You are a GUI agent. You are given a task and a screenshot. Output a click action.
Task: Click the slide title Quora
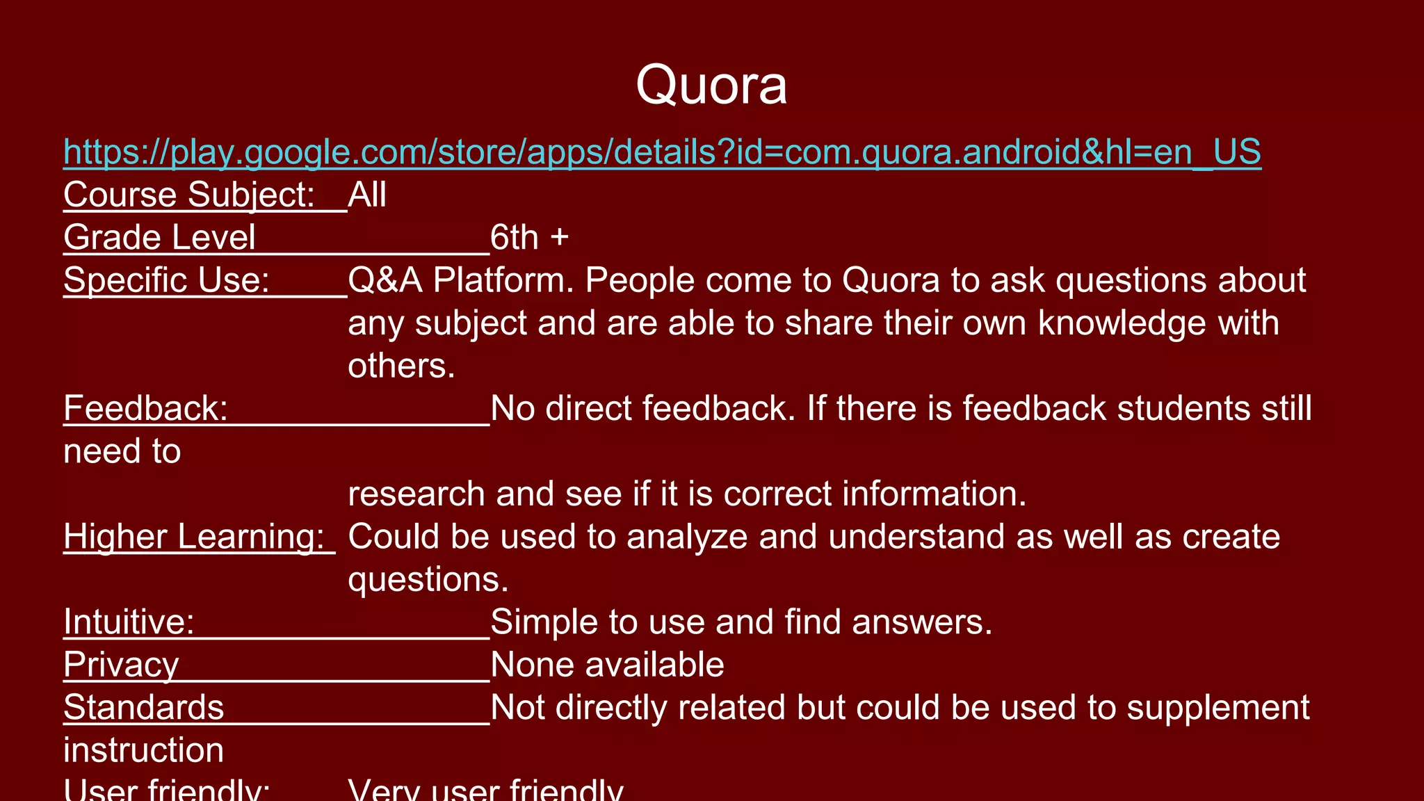click(x=711, y=86)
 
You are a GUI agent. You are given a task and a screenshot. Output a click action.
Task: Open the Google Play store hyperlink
click(x=661, y=152)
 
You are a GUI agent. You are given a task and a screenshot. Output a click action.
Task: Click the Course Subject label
click(x=189, y=195)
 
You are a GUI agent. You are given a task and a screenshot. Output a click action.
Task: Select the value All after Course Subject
click(x=367, y=195)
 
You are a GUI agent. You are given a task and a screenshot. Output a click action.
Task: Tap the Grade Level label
click(x=159, y=238)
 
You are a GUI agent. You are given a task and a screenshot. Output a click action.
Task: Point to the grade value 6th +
click(x=529, y=238)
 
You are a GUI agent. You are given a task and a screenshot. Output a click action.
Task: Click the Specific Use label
click(x=166, y=280)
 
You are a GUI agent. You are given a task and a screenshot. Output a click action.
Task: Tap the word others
click(x=401, y=366)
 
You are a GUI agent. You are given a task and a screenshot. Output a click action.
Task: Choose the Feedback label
click(x=145, y=408)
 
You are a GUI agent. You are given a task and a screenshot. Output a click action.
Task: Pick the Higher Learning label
click(x=194, y=537)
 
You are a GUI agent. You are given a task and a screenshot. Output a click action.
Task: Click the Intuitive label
click(x=129, y=622)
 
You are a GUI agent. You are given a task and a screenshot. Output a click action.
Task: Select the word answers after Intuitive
click(x=922, y=622)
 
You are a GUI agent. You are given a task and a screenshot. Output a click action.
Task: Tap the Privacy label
click(x=121, y=665)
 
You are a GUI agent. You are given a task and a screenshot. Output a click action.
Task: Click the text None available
click(x=607, y=665)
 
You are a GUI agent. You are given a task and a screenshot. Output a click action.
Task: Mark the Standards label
click(x=143, y=708)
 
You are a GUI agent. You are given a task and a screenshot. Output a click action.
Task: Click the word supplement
click(x=1217, y=708)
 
